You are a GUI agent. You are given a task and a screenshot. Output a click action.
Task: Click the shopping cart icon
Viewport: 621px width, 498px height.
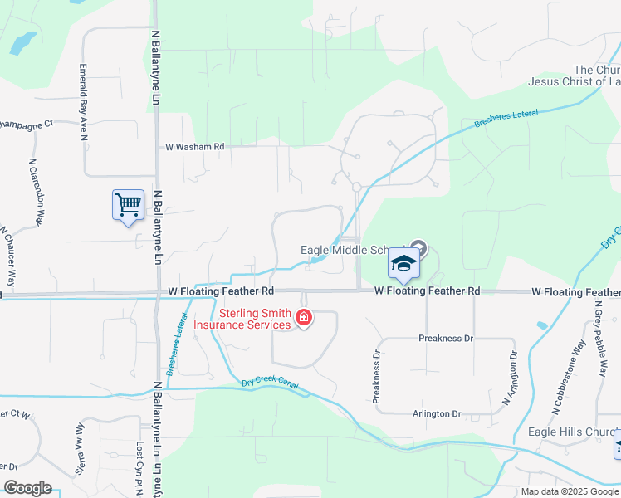(x=128, y=204)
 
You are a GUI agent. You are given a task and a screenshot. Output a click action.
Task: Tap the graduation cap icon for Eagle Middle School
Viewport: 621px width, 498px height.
(x=404, y=264)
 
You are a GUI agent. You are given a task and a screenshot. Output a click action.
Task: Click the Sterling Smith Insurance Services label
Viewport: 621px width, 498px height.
(x=242, y=319)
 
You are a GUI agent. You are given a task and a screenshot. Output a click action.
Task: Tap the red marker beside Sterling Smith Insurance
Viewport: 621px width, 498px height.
(x=305, y=318)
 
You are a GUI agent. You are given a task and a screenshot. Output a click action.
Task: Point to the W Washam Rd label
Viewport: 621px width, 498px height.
(x=195, y=147)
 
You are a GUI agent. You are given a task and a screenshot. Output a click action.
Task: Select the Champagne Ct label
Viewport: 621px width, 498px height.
(x=26, y=124)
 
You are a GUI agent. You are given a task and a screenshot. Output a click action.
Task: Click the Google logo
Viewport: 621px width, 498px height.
(x=27, y=488)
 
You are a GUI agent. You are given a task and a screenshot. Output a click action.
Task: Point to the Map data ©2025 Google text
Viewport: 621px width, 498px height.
(x=570, y=491)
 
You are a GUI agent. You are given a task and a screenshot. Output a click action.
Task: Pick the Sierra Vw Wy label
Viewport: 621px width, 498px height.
(x=81, y=436)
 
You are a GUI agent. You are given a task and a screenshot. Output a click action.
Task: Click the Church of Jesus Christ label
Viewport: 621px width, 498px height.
(x=574, y=76)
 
